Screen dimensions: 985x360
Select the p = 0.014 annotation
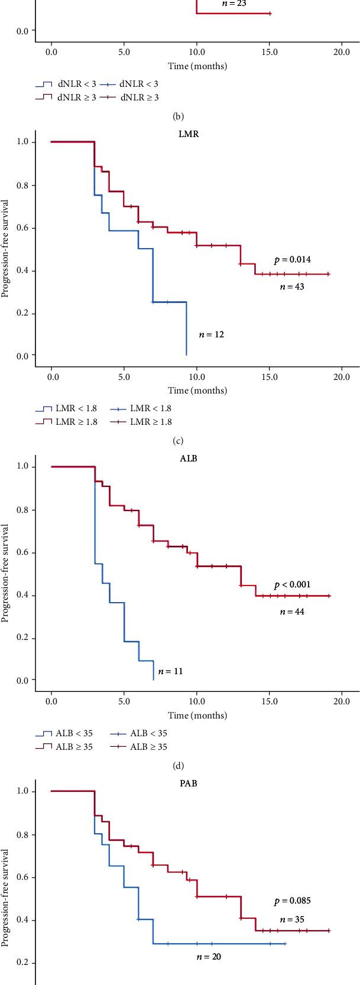coord(292,259)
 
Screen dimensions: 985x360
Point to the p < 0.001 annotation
coord(292,584)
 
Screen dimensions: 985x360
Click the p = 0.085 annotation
coord(292,901)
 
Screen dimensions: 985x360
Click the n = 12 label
coord(211,334)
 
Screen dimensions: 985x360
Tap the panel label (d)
coord(177,766)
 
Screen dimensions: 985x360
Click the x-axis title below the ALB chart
coord(197,715)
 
